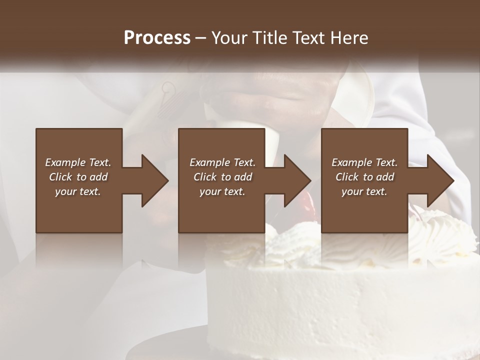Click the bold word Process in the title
pyautogui.click(x=157, y=38)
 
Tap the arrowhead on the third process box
pyautogui.click(x=439, y=180)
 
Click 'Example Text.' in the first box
pyautogui.click(x=78, y=162)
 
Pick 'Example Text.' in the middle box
pyautogui.click(x=222, y=162)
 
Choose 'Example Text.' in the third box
pyautogui.click(x=364, y=162)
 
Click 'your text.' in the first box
pyautogui.click(x=78, y=191)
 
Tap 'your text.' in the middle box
pyautogui.click(x=222, y=191)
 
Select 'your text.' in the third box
pyautogui.click(x=364, y=191)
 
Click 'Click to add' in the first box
pyautogui.click(x=78, y=177)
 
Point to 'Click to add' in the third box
pyautogui.click(x=364, y=177)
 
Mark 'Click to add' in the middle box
pyautogui.click(x=222, y=177)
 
